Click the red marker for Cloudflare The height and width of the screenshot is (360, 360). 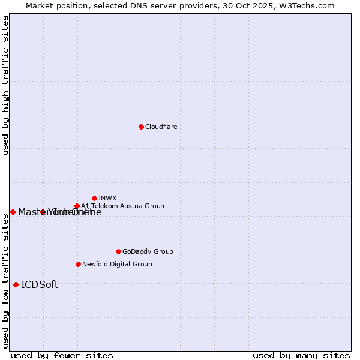coord(141,127)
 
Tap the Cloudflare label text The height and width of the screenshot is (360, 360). coord(161,127)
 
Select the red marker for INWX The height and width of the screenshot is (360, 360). coord(94,198)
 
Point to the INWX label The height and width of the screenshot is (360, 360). coord(107,198)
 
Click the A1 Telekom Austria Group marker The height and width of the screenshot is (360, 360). coord(77,206)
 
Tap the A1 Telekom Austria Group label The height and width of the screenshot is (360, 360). coord(122,206)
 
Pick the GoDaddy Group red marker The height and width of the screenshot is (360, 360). coord(118,251)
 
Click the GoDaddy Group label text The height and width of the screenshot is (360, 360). coord(148,251)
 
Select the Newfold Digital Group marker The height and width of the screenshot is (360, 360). coord(78,264)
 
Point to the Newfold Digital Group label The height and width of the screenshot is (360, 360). coord(117,264)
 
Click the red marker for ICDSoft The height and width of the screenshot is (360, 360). coord(16,284)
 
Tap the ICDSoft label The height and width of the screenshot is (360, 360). coord(40,284)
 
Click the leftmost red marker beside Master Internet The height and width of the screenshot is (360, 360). coord(13,212)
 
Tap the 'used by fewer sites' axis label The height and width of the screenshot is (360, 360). coord(62,355)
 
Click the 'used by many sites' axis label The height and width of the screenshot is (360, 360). coord(301,355)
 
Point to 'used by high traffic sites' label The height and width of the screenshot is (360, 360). coord(5,85)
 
